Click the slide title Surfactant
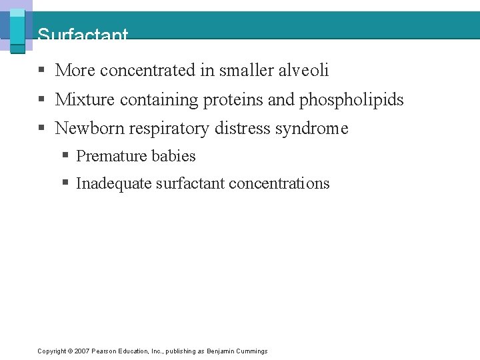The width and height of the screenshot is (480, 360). tap(83, 35)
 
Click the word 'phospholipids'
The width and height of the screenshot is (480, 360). tap(351, 99)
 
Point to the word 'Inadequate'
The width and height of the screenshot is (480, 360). tap(113, 183)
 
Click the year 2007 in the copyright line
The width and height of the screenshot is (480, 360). tap(81, 351)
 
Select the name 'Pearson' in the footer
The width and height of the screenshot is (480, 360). tap(105, 351)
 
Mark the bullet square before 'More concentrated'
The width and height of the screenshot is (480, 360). tap(41, 71)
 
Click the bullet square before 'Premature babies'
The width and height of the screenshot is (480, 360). tap(66, 156)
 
